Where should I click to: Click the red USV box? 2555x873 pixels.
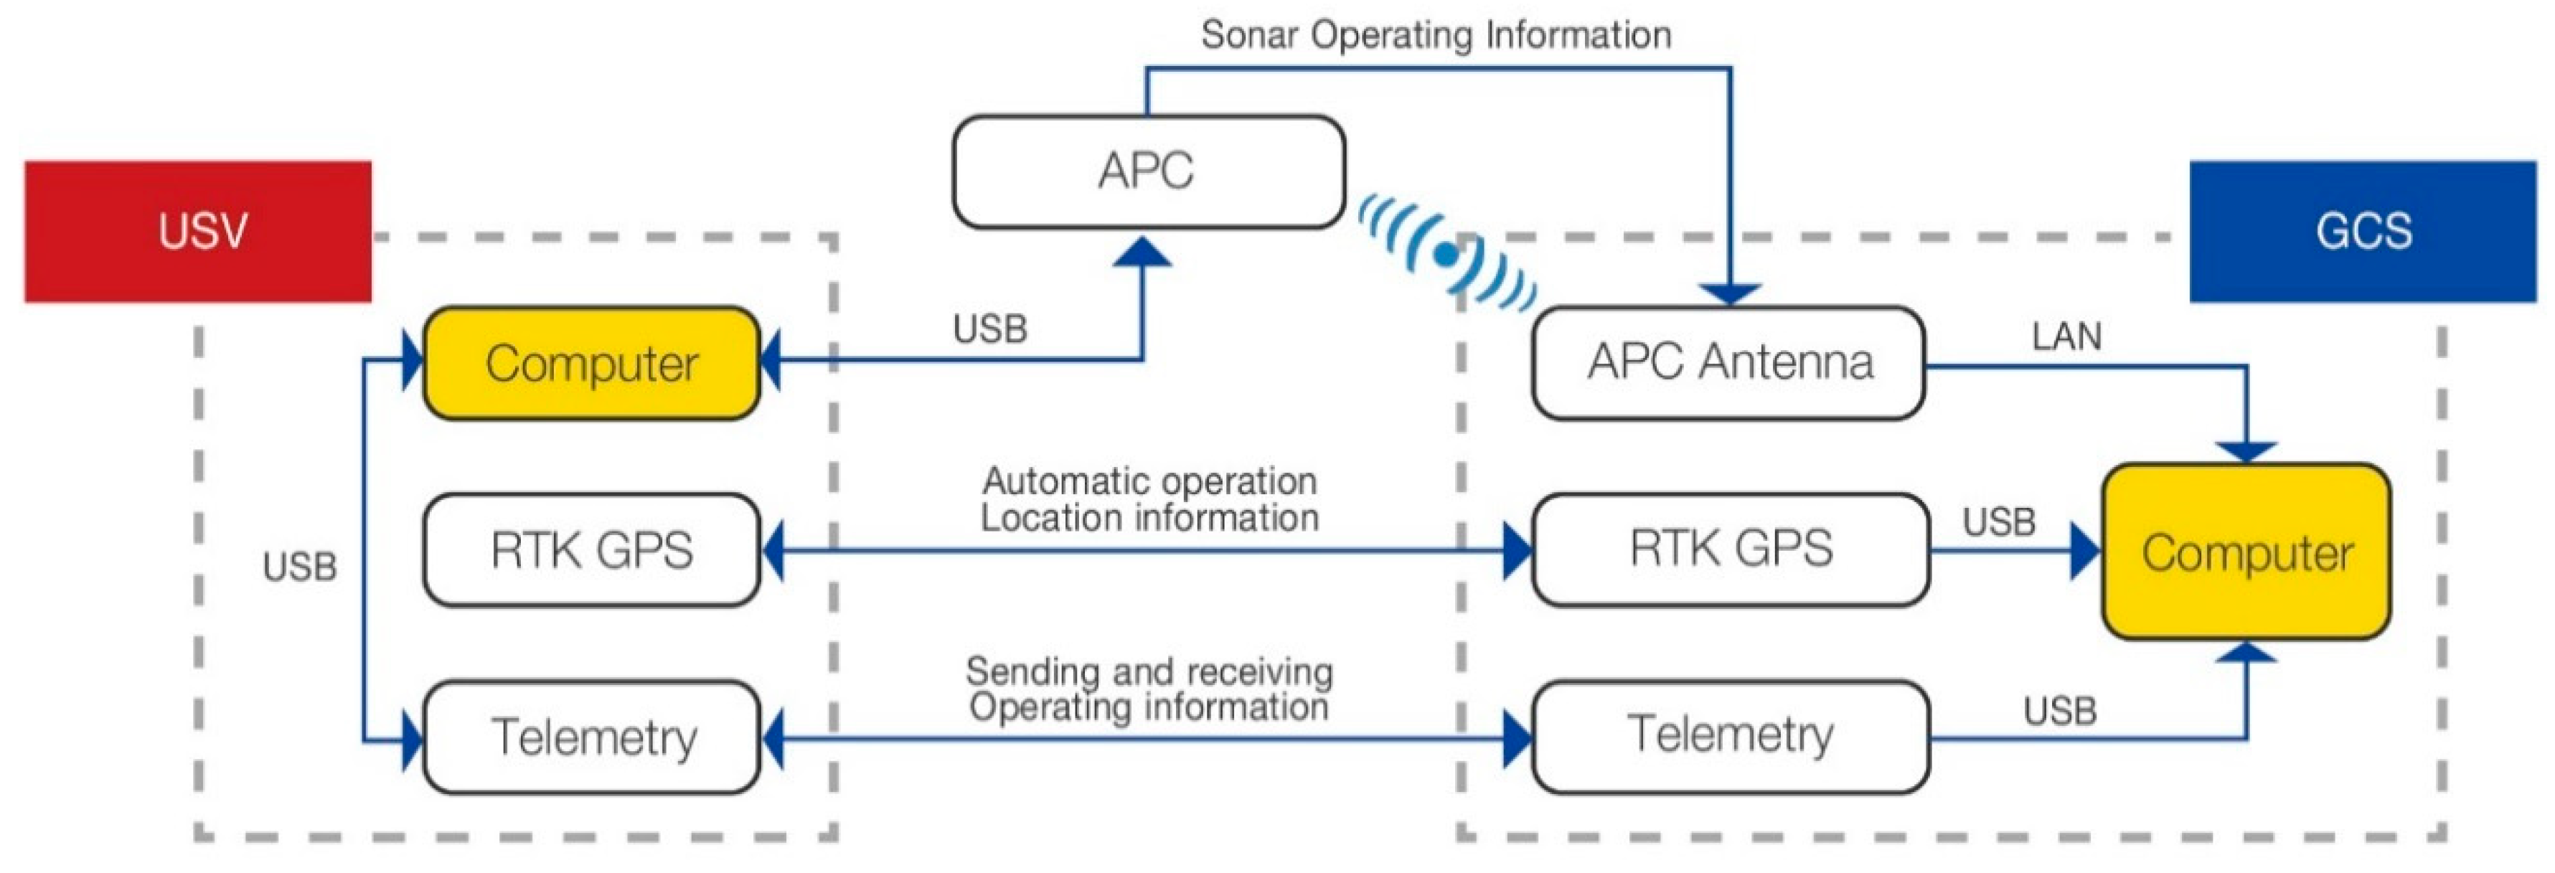(198, 231)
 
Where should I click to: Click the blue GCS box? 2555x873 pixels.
(2363, 231)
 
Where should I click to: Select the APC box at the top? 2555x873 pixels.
(1147, 171)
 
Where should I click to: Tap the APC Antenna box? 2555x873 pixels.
(1728, 362)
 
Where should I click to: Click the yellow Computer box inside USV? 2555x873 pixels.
(591, 363)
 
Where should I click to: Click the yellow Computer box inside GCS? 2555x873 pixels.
(2246, 552)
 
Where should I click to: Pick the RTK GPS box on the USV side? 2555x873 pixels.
(591, 549)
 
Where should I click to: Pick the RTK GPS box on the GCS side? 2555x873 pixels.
(1731, 549)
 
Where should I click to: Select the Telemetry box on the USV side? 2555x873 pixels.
(591, 737)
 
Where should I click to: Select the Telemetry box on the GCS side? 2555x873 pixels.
(1731, 735)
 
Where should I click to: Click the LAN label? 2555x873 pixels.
(2066, 337)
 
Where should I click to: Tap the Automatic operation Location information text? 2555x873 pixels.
(1149, 500)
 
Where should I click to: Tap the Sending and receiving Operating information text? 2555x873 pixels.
(1149, 689)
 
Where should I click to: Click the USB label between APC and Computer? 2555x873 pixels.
(990, 329)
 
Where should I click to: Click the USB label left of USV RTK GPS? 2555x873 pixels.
(299, 567)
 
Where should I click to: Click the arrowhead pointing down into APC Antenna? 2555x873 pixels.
(1730, 293)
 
